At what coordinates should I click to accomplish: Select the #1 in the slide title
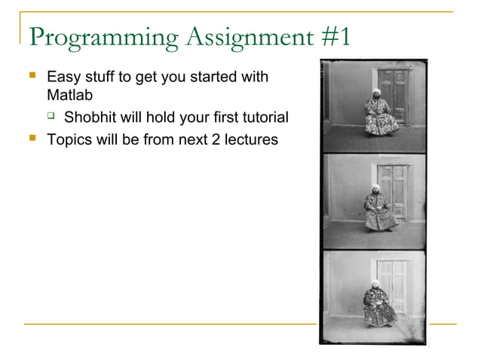[x=335, y=36]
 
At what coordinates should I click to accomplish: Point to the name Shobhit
[x=90, y=117]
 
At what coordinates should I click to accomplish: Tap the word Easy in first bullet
[x=63, y=77]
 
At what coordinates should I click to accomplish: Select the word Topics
[x=68, y=139]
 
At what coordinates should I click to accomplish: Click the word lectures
[x=250, y=139]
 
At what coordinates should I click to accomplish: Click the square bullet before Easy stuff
[x=32, y=77]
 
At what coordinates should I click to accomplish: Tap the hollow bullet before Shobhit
[x=51, y=117]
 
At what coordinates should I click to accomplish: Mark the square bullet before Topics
[x=32, y=138]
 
